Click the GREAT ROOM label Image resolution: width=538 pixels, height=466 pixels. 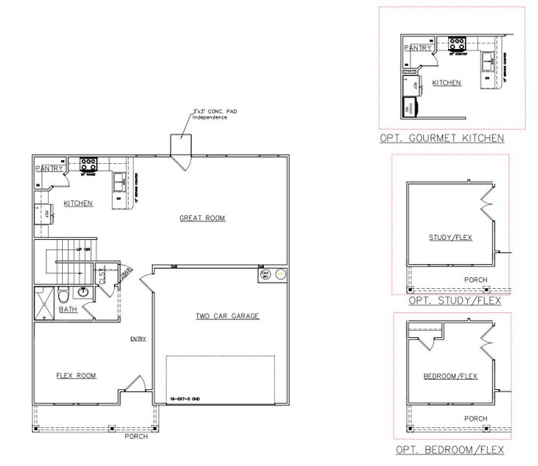coord(203,218)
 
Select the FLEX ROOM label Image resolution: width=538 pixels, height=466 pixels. coord(76,375)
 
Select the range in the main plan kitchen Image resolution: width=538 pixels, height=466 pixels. coord(88,164)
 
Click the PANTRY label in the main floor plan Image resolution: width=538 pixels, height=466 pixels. coord(48,169)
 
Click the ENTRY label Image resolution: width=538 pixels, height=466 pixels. coord(138,338)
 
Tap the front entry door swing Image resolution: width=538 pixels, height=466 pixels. coord(134,384)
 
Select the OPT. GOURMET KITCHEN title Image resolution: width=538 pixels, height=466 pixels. coord(442,138)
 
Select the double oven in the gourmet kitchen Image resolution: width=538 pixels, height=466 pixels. coord(407,109)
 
